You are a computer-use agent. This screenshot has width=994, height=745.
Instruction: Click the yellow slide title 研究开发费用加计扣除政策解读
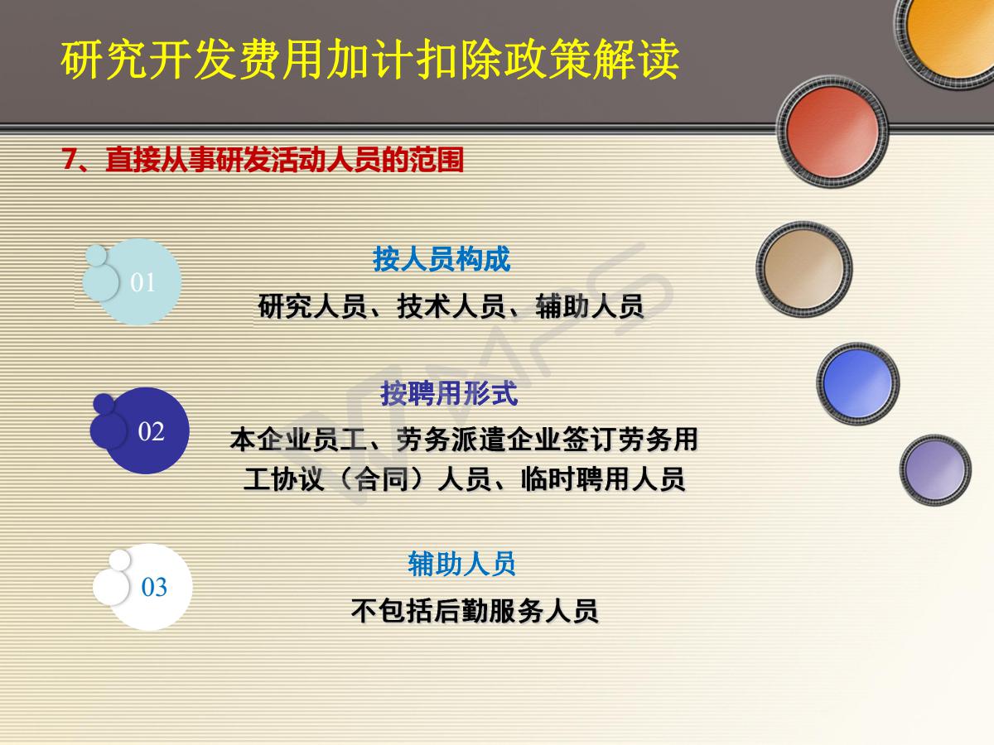[369, 60]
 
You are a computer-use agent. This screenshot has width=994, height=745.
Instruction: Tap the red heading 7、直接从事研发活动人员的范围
[263, 159]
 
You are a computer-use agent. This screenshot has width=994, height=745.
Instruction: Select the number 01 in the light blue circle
[142, 282]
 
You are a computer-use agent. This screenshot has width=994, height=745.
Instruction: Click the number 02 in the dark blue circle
[151, 431]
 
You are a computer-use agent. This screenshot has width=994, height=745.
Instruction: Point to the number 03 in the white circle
[154, 587]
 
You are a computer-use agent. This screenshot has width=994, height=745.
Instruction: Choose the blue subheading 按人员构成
[442, 259]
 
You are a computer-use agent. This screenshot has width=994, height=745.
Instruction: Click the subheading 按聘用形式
[449, 393]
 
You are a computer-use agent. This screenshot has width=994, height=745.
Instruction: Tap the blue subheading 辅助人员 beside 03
[461, 564]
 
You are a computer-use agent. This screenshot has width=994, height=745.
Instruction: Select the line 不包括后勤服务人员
[475, 611]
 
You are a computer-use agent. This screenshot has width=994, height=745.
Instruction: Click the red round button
[832, 132]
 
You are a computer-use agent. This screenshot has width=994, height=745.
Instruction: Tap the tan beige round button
[803, 269]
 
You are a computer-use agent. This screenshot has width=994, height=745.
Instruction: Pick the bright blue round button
[857, 383]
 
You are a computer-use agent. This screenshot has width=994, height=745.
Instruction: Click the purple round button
[935, 470]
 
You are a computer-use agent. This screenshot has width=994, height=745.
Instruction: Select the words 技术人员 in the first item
[451, 306]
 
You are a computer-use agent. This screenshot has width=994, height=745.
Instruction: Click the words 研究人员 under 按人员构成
[312, 306]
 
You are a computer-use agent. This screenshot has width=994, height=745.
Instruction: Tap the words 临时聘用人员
[603, 479]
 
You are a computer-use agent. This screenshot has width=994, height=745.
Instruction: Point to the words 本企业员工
[298, 440]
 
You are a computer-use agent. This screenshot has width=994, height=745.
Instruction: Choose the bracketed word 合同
[381, 479]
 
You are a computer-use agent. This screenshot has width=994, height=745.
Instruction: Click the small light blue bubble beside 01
[95, 255]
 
